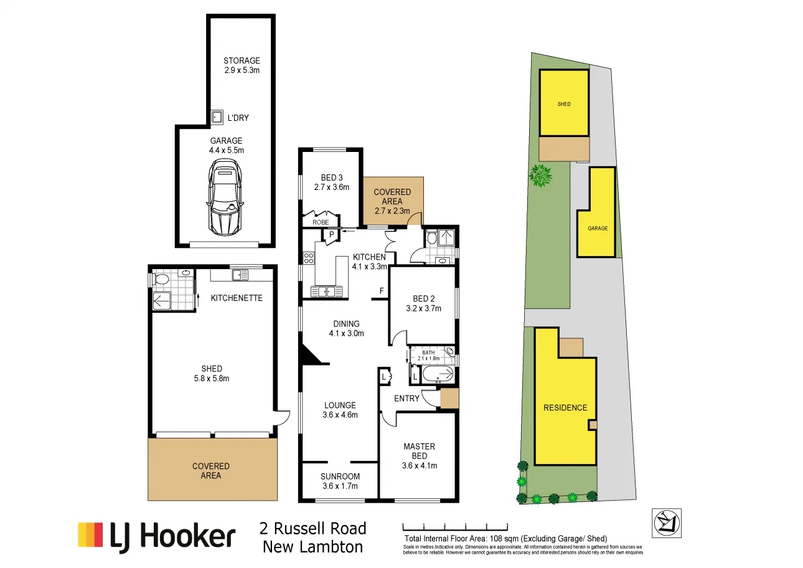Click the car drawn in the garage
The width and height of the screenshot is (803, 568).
(x=225, y=197)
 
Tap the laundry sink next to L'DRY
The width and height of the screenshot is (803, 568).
(x=217, y=117)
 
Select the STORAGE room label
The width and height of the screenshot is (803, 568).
(x=242, y=61)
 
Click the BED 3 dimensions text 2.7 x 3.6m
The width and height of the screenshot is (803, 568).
(x=331, y=187)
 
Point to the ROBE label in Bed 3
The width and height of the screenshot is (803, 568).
(x=321, y=222)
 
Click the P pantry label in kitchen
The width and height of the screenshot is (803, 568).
(x=332, y=234)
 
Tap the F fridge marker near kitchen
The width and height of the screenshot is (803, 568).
(x=382, y=291)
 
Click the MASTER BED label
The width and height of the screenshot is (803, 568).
(x=419, y=451)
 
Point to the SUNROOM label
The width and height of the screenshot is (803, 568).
(x=340, y=476)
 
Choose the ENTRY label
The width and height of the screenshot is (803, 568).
(x=406, y=399)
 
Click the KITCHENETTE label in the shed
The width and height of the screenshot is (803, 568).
(x=237, y=298)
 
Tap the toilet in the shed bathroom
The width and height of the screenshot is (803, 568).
(x=160, y=280)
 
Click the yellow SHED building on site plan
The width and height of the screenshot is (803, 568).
(x=564, y=103)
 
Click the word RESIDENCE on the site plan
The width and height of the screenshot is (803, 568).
(x=565, y=408)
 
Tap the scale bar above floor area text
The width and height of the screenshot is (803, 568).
(x=455, y=526)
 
